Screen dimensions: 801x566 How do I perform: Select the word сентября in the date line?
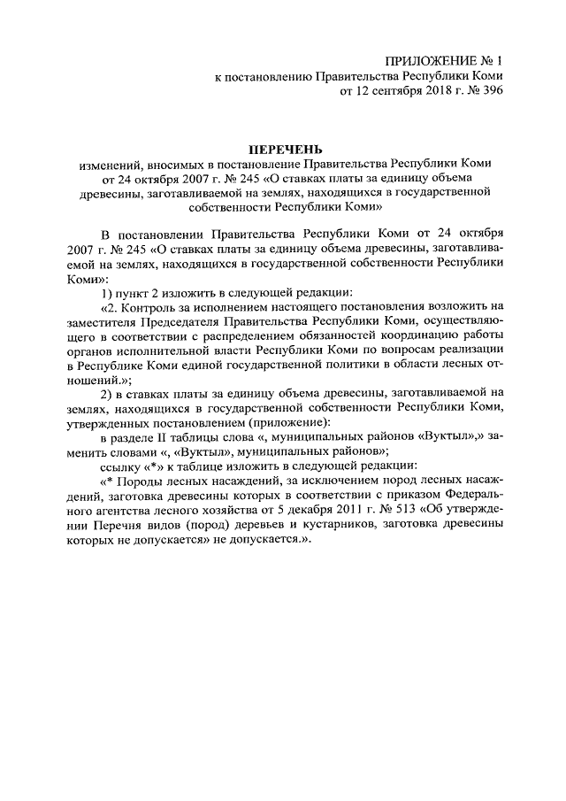click(x=395, y=91)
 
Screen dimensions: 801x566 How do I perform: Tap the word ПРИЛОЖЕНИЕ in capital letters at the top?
click(x=429, y=61)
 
